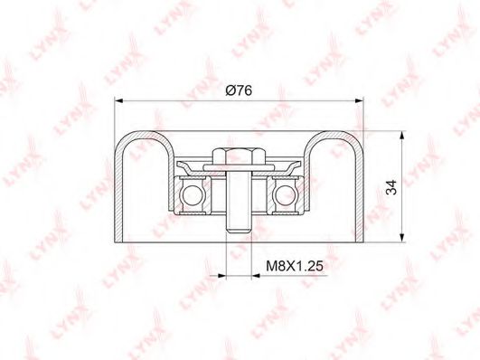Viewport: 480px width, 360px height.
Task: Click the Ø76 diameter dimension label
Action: pyautogui.click(x=239, y=90)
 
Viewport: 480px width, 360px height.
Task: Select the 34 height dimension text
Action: pyautogui.click(x=391, y=187)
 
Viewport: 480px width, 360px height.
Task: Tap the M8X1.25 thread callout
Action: pyautogui.click(x=295, y=266)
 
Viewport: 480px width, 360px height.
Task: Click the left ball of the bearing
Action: pyautogui.click(x=193, y=195)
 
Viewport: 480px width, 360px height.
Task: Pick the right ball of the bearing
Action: pyautogui.click(x=286, y=195)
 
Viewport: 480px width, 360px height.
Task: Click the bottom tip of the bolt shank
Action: pyautogui.click(x=239, y=232)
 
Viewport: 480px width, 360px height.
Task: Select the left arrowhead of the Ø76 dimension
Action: pyautogui.click(x=118, y=100)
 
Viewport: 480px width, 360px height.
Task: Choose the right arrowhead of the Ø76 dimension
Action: pyautogui.click(x=360, y=100)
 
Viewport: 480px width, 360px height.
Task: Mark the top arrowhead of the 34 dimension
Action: pyautogui.click(x=401, y=135)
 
